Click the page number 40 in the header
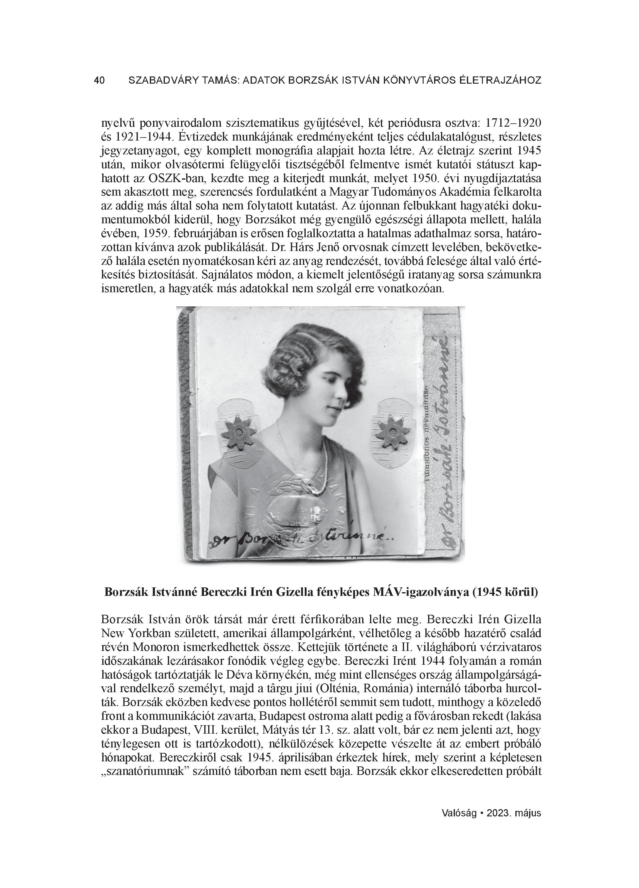coord(99,81)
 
